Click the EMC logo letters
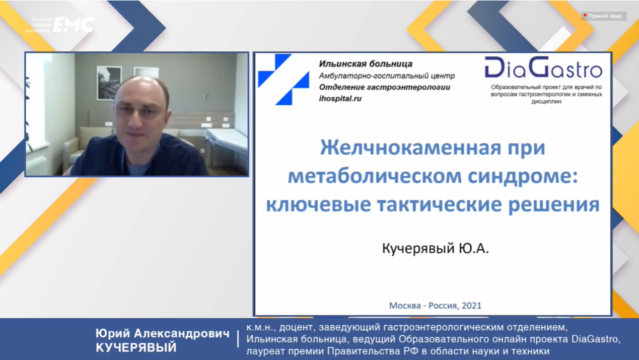pyautogui.click(x=74, y=25)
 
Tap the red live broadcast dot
pyautogui.click(x=585, y=16)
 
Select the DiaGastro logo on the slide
pyautogui.click(x=543, y=67)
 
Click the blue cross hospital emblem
pyautogui.click(x=283, y=80)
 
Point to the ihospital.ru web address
pyautogui.click(x=340, y=99)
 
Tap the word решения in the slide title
pyautogui.click(x=554, y=204)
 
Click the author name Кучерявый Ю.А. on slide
pyautogui.click(x=436, y=248)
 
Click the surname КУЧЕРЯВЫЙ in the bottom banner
pyautogui.click(x=136, y=348)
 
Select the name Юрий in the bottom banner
pyautogui.click(x=113, y=333)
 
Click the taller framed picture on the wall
pyautogui.click(x=109, y=83)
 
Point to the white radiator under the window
pyautogui.click(x=37, y=166)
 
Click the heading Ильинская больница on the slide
pyautogui.click(x=366, y=64)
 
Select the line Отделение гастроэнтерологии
pyautogui.click(x=385, y=87)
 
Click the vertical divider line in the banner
pyautogui.click(x=238, y=339)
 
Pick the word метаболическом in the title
pyautogui.click(x=375, y=176)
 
